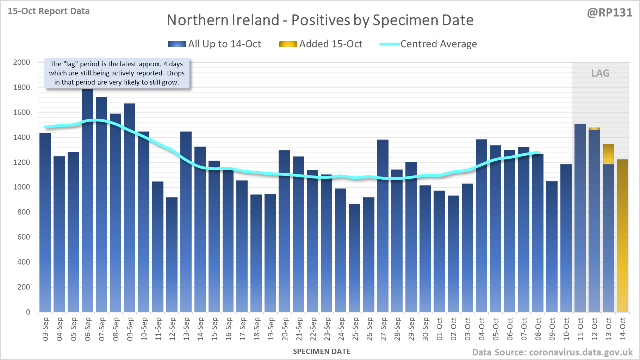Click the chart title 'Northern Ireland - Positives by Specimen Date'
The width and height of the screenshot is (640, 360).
[x=320, y=20]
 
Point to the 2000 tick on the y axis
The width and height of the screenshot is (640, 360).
[x=21, y=62]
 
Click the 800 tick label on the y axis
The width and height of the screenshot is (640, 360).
[x=24, y=212]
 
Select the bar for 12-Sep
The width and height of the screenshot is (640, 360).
[x=172, y=254]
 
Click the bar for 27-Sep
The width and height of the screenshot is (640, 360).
[x=383, y=225]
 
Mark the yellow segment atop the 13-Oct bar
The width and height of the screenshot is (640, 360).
[x=608, y=154]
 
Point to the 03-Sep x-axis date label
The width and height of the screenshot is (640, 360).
[x=45, y=329]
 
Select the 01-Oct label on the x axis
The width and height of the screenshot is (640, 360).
[x=440, y=329]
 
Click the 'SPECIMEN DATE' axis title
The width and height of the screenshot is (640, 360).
[x=321, y=352]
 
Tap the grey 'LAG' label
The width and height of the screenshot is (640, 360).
[x=600, y=73]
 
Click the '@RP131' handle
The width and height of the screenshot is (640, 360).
[x=609, y=13]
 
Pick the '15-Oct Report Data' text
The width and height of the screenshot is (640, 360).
[x=49, y=11]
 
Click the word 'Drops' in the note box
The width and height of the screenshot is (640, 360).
[x=175, y=73]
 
